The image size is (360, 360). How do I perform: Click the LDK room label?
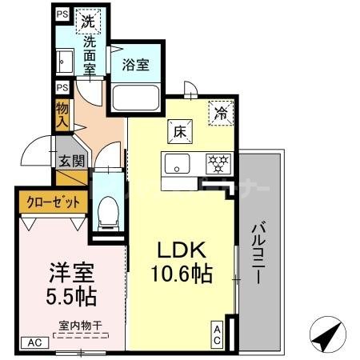pyautogui.click(x=183, y=249)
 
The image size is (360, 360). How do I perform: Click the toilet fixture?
pyautogui.click(x=106, y=212)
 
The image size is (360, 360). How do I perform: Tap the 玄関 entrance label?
pyautogui.click(x=66, y=159)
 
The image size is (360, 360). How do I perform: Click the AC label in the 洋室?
pyautogui.click(x=34, y=342)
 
